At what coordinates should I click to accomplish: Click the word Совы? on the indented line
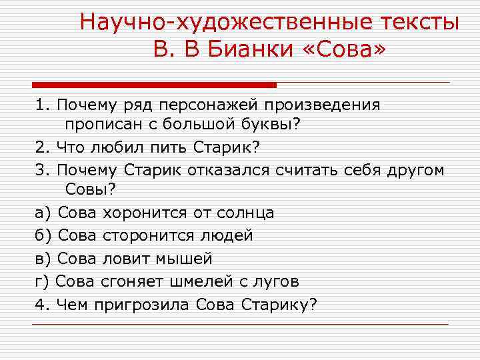tap(90, 191)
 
